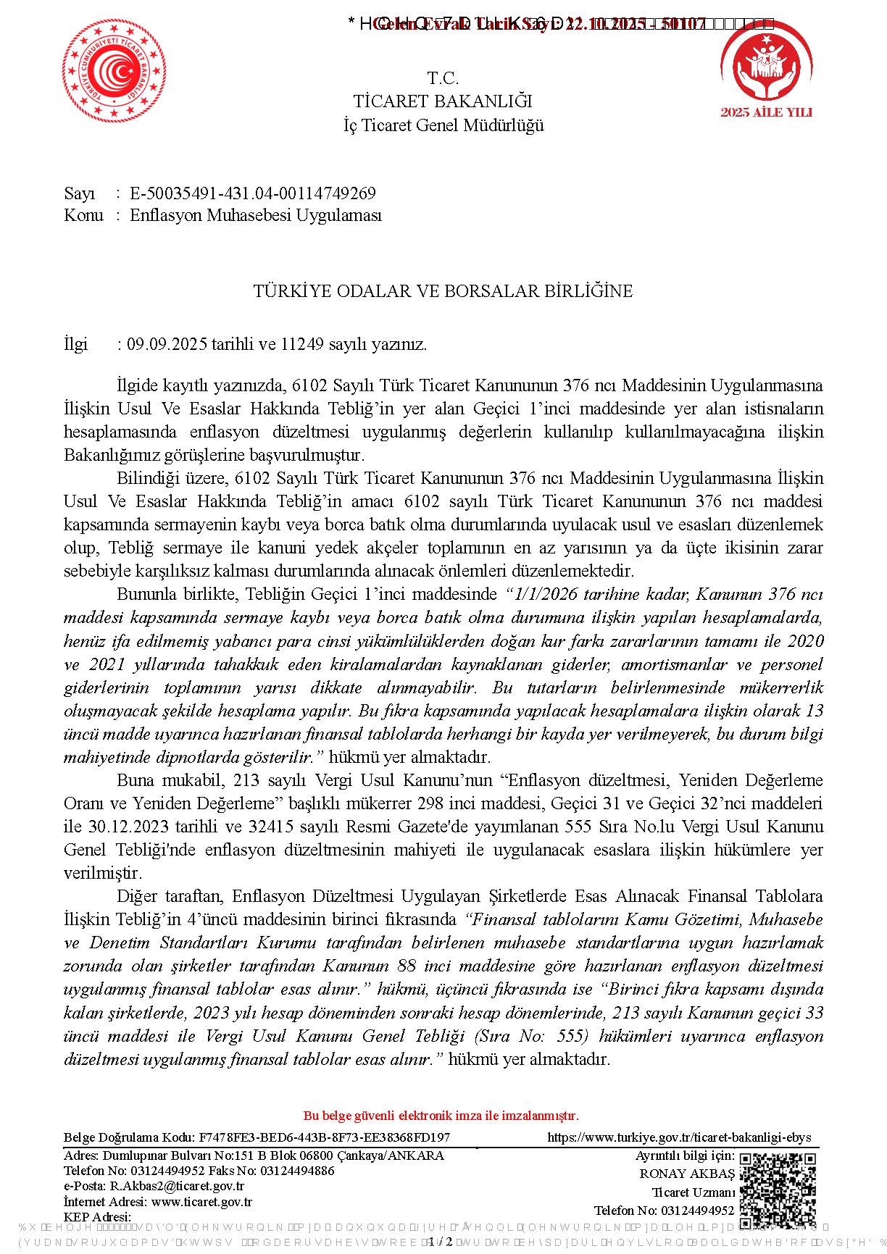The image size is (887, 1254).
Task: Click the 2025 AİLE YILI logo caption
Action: coord(766,113)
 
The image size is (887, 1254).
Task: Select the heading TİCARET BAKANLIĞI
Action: coord(443,101)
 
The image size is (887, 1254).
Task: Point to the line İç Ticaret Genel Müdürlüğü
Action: coord(443,125)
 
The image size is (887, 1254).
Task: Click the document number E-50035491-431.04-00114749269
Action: coord(252,193)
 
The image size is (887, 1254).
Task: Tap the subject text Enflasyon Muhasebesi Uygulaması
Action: coord(255,215)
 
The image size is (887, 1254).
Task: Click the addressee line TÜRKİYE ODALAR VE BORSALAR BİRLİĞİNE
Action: coord(443,291)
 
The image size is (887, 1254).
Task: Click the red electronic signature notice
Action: coord(441,1116)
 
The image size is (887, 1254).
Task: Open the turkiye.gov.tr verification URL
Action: coord(679,1137)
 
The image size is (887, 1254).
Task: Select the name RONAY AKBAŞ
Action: coord(686,1174)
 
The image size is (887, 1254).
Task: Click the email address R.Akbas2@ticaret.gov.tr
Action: coord(177,1186)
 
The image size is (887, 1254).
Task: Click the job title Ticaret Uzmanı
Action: coord(693,1192)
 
